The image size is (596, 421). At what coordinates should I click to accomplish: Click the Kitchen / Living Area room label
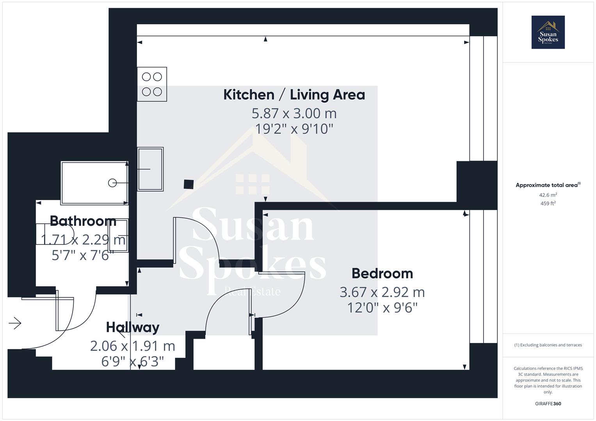click(x=294, y=95)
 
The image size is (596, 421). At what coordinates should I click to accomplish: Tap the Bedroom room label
click(x=383, y=274)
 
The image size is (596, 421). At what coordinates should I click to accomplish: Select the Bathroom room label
click(x=83, y=221)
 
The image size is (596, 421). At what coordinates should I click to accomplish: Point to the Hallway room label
click(x=133, y=327)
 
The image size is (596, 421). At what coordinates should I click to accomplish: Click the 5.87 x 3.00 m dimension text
click(x=294, y=113)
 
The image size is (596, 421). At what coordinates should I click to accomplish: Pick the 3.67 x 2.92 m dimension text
click(x=382, y=292)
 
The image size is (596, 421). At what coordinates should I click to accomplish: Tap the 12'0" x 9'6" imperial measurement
click(x=383, y=308)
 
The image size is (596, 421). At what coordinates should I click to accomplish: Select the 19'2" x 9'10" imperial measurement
click(x=294, y=129)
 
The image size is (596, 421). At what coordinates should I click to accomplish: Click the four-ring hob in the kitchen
click(x=152, y=84)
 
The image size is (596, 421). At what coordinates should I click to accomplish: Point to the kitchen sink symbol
click(x=150, y=169)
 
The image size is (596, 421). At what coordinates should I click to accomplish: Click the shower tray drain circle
click(x=112, y=183)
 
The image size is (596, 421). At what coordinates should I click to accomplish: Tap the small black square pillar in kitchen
click(x=189, y=184)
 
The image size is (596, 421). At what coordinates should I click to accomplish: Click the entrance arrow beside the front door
click(x=15, y=323)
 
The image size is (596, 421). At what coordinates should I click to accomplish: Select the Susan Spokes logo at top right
click(x=548, y=32)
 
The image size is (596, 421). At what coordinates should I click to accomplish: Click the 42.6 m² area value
click(x=548, y=195)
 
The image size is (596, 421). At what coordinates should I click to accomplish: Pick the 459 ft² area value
click(x=548, y=203)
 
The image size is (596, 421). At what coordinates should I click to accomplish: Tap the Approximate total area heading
click(x=548, y=185)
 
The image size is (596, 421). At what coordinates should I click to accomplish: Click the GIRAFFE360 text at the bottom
click(x=548, y=403)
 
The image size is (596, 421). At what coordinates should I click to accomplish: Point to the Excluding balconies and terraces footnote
click(x=548, y=345)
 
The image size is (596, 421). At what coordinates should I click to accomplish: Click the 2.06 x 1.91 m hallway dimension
click(x=132, y=346)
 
